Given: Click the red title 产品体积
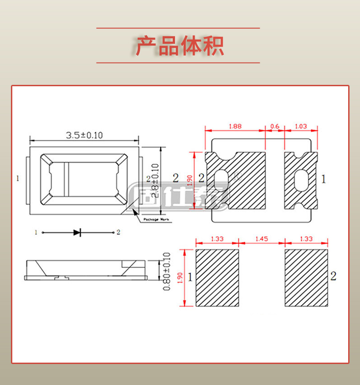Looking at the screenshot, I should coord(180,46).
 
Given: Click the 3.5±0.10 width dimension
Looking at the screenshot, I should coord(84,135).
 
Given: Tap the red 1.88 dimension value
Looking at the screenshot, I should coord(235,126).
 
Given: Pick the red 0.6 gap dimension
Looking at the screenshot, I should coord(275,126).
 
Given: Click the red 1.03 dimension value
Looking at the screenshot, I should coord(301,126).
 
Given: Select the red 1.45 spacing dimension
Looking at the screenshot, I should coord(262,239).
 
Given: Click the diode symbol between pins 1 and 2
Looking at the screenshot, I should coord(77,233).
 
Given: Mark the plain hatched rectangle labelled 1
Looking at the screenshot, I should coord(217,278).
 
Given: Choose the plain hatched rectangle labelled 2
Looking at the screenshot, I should coord(306,278).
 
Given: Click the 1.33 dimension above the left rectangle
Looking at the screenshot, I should coord(217,239).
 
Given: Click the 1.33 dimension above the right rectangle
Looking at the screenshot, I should coord(306,239).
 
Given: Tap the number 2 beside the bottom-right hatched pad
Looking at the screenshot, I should coord(333,276).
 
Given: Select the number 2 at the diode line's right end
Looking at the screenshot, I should coord(118,233).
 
